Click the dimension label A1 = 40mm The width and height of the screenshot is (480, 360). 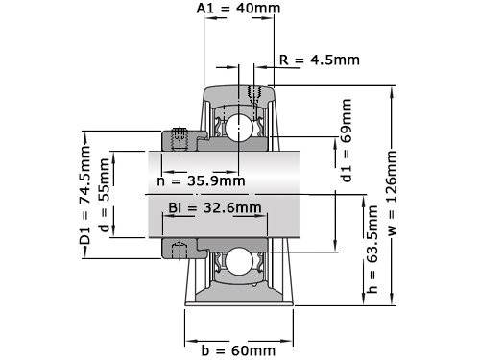point(240,10)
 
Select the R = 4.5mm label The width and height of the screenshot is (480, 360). point(319,60)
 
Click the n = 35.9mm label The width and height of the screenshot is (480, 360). point(201,180)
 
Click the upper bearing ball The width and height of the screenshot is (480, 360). point(237,127)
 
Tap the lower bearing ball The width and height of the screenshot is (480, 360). point(237,260)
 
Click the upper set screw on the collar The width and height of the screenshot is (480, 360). point(178,138)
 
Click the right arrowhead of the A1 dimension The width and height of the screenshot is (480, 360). point(270,21)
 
